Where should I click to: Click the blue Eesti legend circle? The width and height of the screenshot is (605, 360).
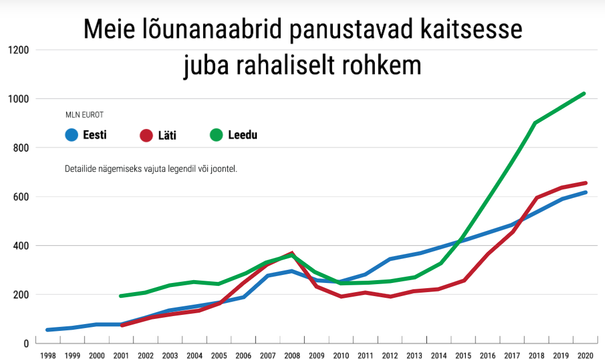(72, 136)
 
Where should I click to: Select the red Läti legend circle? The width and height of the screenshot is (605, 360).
(146, 136)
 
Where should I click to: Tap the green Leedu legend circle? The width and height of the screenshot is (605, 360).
(216, 136)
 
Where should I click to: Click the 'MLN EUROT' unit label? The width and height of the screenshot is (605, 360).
(84, 115)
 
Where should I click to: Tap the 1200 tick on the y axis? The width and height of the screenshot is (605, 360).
(19, 50)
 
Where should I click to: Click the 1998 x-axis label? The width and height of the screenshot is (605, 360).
(48, 355)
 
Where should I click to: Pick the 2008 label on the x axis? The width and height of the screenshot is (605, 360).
(292, 355)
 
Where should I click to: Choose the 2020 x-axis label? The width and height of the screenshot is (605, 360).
(584, 355)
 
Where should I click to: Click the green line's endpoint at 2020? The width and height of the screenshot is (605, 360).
(584, 94)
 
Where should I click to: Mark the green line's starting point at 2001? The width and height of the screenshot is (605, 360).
(120, 296)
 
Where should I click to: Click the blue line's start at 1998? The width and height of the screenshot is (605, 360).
(48, 330)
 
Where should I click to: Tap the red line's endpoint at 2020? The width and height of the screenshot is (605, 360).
(584, 183)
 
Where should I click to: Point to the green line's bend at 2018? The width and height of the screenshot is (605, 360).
(535, 123)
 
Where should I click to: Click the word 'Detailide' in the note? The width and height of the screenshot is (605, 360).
(80, 169)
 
